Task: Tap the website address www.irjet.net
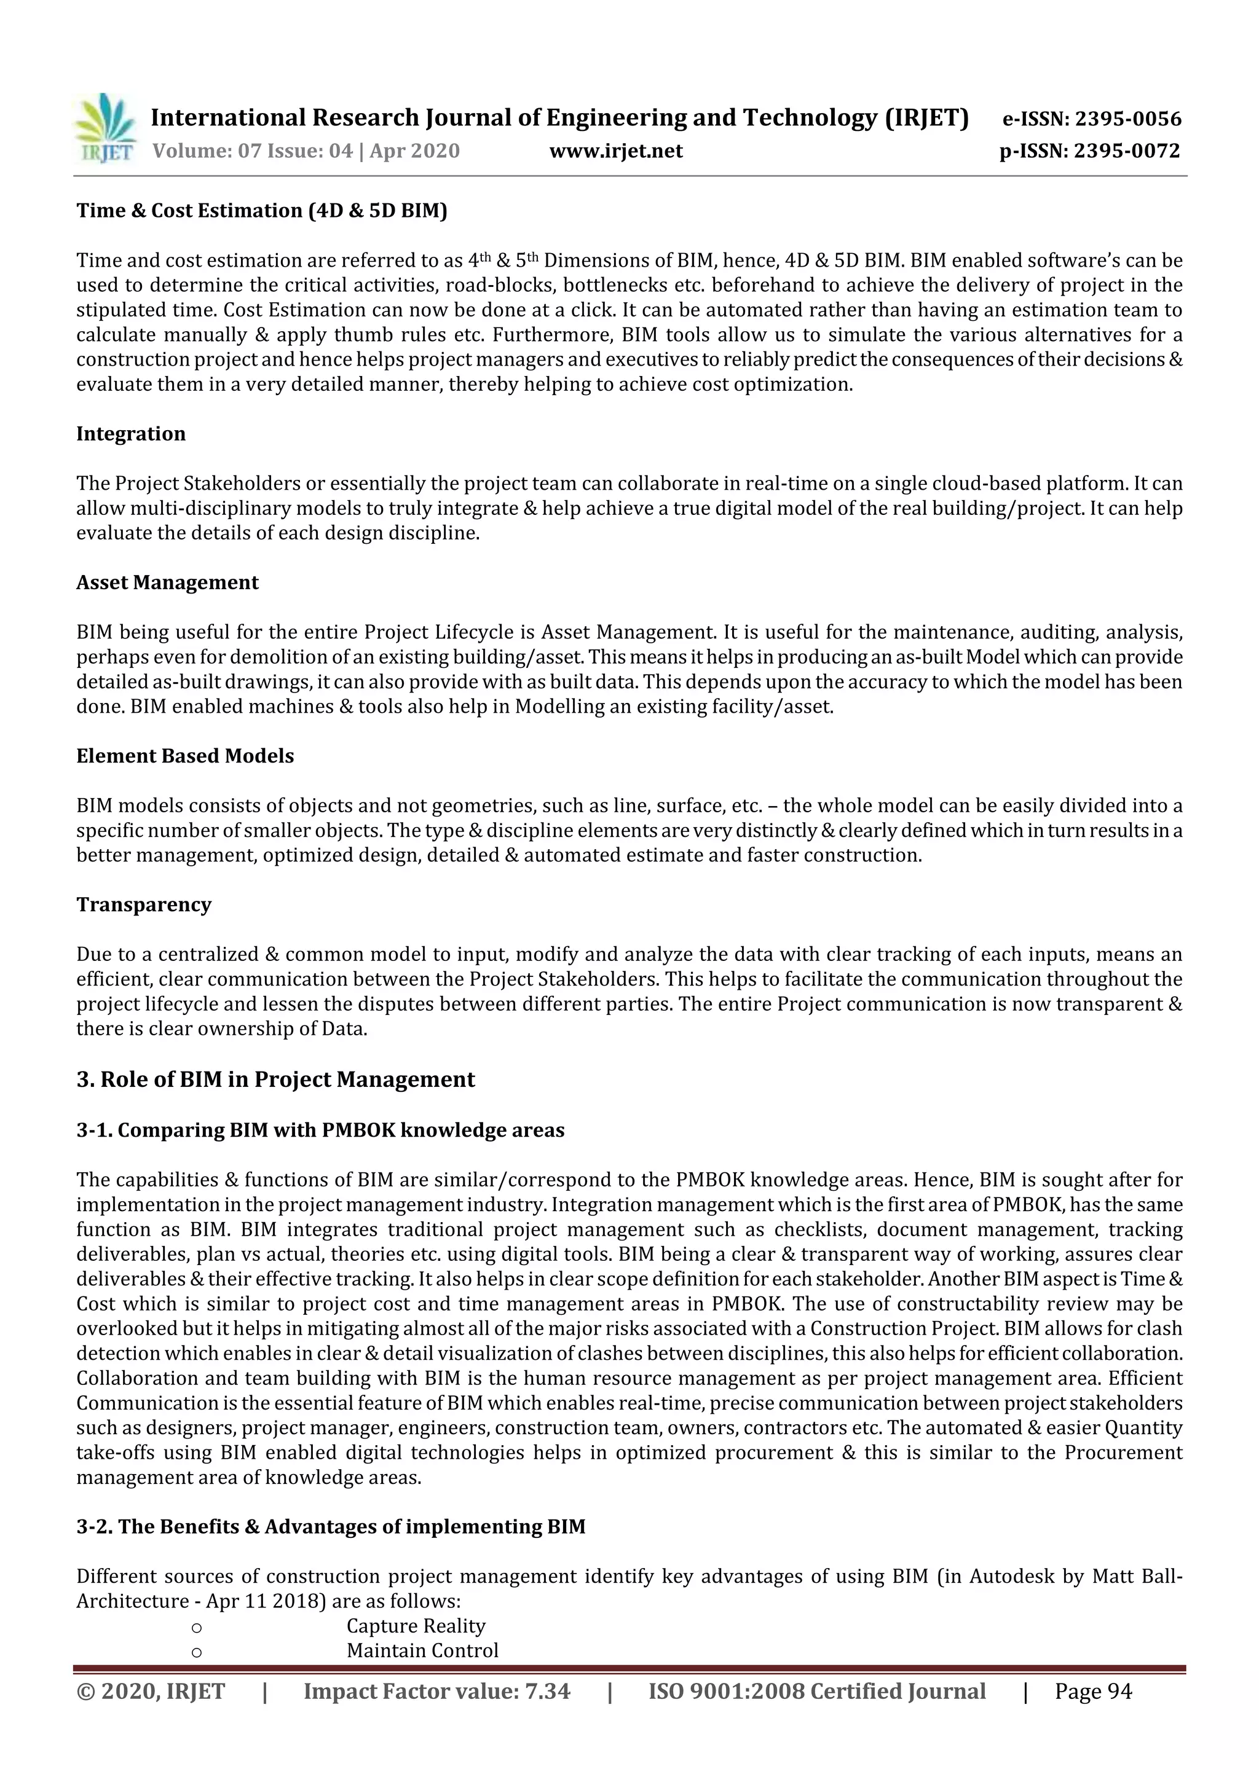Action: point(616,151)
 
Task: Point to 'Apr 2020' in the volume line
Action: point(414,151)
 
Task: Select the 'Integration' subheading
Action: point(131,434)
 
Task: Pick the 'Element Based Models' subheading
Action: point(184,756)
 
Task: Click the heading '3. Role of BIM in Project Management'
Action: point(275,1080)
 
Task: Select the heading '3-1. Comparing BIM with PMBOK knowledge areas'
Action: point(320,1131)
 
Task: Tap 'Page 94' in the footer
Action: point(1093,1692)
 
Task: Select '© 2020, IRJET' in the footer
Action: point(151,1692)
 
